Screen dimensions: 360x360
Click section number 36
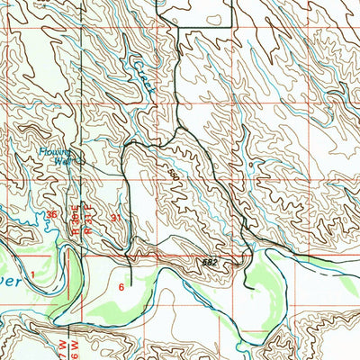(52, 214)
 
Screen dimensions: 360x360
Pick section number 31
(114, 218)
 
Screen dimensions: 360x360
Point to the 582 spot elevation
(209, 260)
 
